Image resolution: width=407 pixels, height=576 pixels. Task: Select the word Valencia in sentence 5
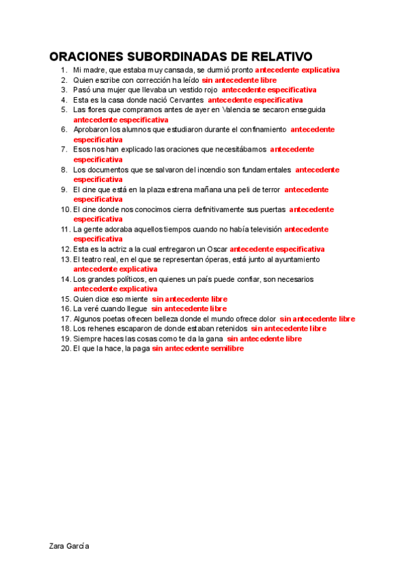coord(242,109)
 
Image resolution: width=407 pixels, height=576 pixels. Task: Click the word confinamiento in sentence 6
coord(257,129)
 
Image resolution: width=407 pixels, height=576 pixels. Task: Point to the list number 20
coord(65,348)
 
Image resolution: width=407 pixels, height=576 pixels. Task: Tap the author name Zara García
coord(69,546)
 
